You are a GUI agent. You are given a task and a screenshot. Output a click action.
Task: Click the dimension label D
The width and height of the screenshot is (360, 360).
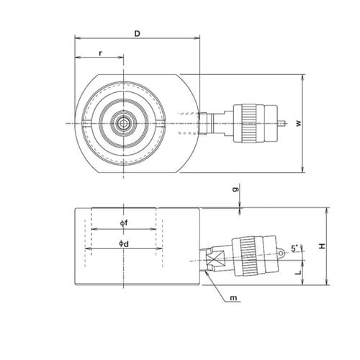pyautogui.click(x=137, y=34)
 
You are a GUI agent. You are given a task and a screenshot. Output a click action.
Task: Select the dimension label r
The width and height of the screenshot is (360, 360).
pyautogui.click(x=101, y=53)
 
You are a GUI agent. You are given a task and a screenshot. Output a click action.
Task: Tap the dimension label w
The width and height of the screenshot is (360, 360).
pyautogui.click(x=299, y=123)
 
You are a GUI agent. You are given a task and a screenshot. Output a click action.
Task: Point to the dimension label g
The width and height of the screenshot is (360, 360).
pyautogui.click(x=236, y=189)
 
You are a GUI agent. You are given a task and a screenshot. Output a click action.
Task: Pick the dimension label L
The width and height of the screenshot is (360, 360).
pyautogui.click(x=298, y=273)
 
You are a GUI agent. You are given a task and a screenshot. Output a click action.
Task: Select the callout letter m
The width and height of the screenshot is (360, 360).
pyautogui.click(x=233, y=298)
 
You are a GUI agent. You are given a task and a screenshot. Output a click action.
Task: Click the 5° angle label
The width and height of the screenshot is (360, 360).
pyautogui.click(x=294, y=248)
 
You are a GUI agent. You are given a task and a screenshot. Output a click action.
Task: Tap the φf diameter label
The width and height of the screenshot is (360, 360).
pyautogui.click(x=124, y=223)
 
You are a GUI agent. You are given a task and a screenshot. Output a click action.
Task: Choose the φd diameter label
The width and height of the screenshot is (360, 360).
pyautogui.click(x=124, y=244)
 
